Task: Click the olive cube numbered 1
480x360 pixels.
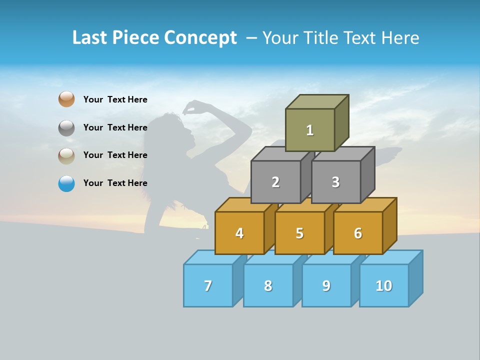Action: [310, 130]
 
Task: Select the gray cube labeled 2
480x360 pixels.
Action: [275, 182]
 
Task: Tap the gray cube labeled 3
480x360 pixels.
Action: [335, 182]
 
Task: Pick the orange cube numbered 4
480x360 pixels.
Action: [239, 233]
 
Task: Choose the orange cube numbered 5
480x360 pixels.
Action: [299, 233]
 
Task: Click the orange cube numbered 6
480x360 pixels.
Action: [358, 233]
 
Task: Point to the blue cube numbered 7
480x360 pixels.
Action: [208, 285]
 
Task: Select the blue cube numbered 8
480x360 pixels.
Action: [268, 285]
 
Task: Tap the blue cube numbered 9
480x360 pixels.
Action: [326, 285]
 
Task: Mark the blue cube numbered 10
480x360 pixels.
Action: [384, 285]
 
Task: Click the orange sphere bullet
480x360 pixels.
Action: [66, 99]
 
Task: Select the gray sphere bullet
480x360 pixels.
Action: [66, 127]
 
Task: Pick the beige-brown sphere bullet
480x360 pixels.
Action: [66, 155]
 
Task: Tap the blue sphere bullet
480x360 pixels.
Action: [66, 183]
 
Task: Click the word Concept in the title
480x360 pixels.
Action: [200, 38]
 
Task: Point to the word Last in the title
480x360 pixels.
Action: [90, 38]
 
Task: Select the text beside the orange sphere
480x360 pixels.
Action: [115, 99]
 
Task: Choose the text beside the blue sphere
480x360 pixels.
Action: [115, 183]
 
